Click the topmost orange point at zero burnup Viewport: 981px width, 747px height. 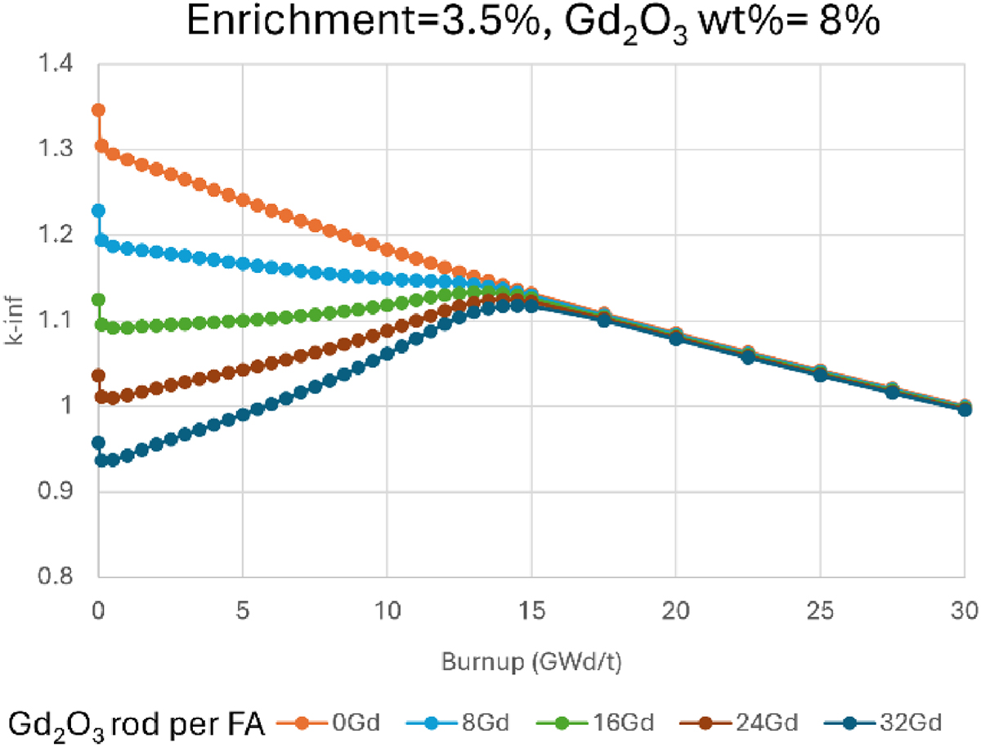pos(99,110)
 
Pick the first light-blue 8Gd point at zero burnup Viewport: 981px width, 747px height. pos(99,211)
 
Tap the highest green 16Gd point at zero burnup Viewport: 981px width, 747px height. pos(99,300)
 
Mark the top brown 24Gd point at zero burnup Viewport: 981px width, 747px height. pos(99,376)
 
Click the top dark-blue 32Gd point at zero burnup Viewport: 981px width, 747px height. pos(99,443)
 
